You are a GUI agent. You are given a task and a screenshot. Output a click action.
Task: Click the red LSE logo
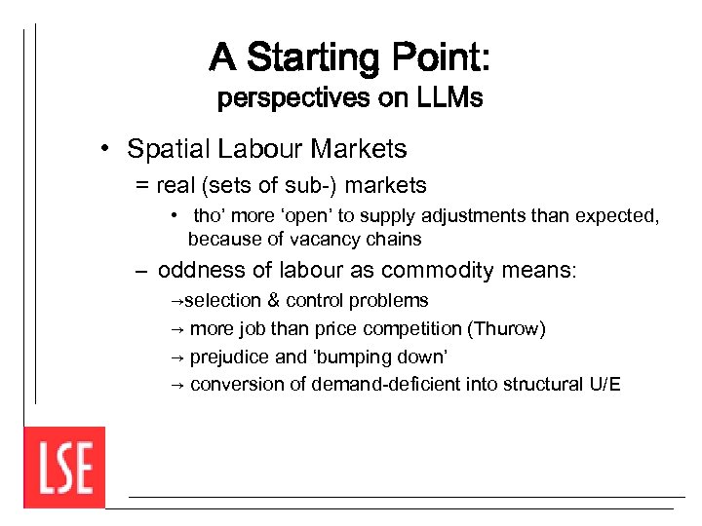pos(64,468)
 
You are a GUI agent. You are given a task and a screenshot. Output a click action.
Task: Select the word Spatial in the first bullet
pos(169,149)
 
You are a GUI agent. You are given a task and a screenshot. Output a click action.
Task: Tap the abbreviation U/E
pos(604,384)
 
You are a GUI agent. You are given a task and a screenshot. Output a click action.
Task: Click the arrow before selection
pos(176,301)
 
